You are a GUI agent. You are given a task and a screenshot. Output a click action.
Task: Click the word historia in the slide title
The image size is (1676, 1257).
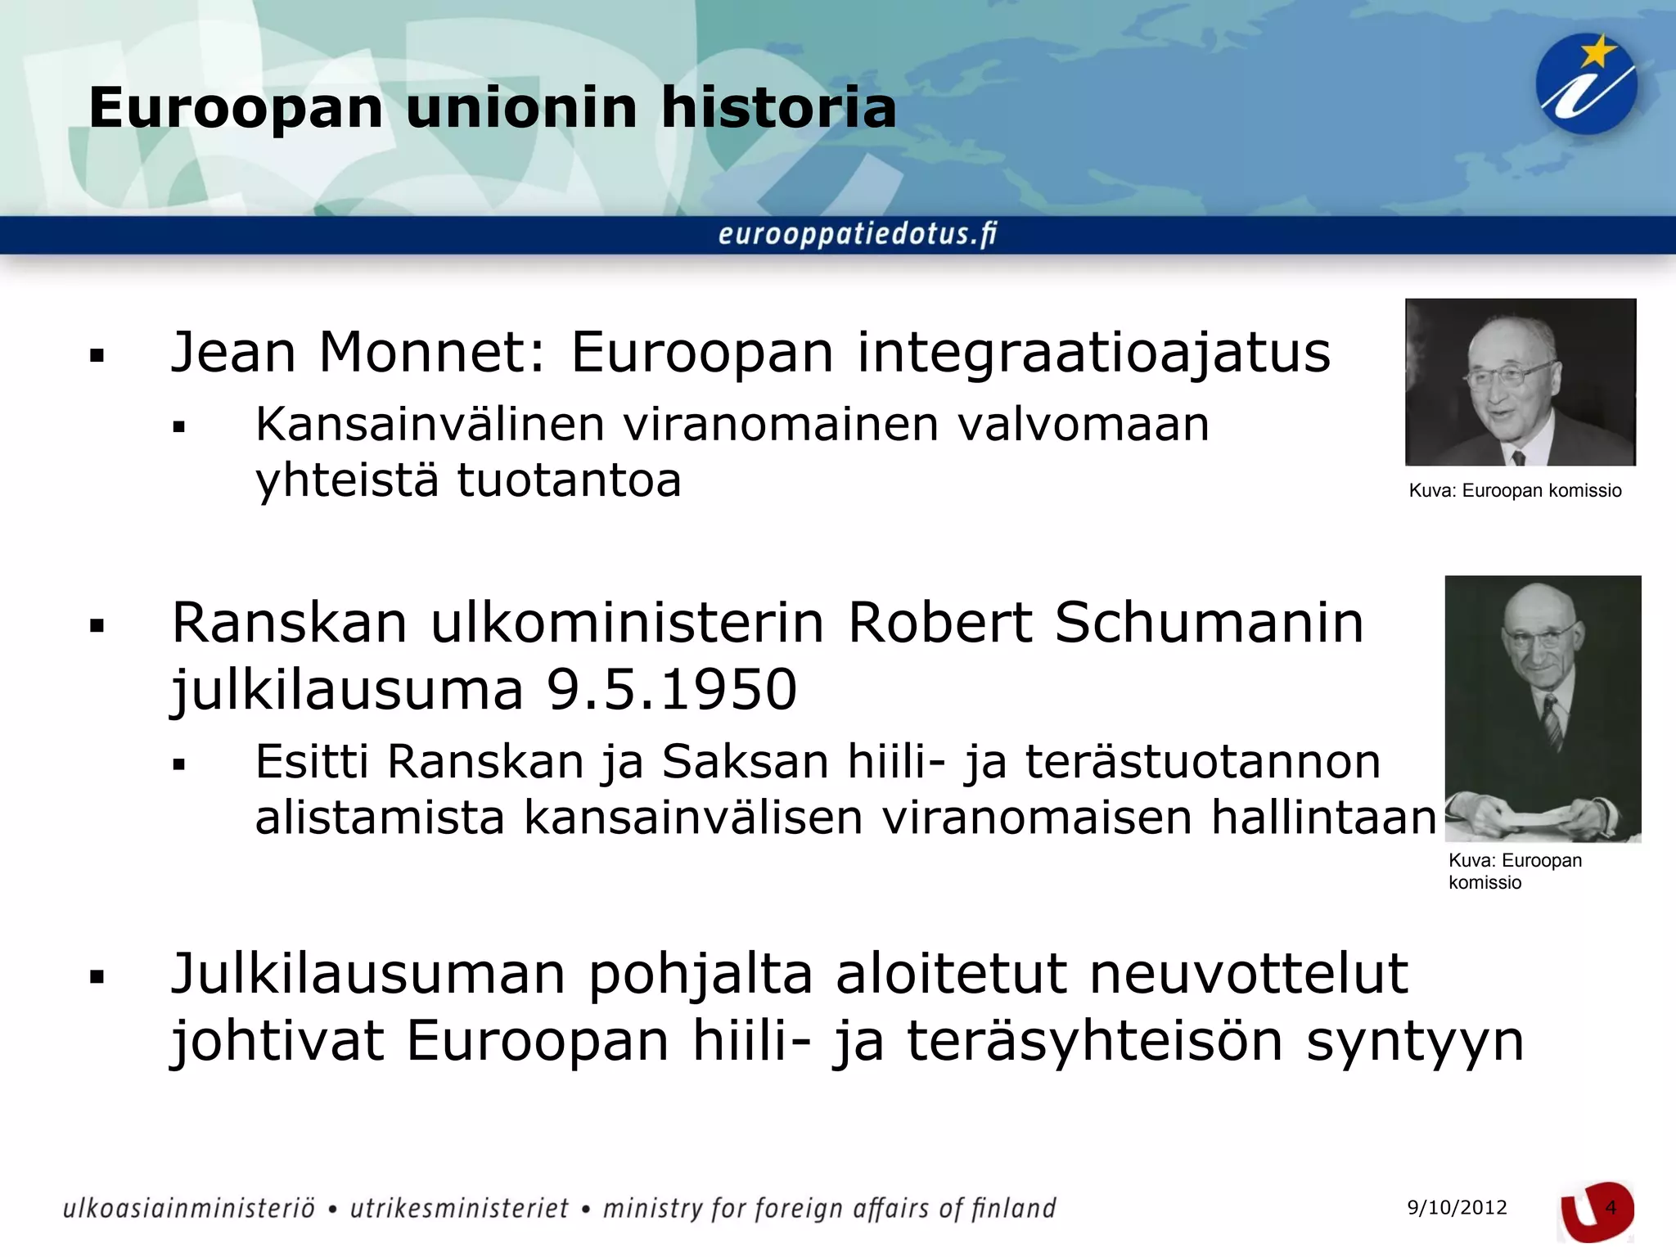778,107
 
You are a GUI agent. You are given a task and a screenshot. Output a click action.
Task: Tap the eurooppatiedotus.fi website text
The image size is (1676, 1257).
858,234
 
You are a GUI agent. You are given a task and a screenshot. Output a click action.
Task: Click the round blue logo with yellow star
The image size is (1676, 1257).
1586,84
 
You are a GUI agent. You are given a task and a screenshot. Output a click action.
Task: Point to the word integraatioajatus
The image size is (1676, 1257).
1093,354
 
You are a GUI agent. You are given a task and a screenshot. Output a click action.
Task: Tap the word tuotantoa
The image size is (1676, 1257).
569,480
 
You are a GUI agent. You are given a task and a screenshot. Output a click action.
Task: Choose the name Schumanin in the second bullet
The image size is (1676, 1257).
1209,623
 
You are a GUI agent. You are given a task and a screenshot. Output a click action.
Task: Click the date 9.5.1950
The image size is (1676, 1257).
671,689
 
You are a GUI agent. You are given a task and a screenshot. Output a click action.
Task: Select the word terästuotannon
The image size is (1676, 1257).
1203,762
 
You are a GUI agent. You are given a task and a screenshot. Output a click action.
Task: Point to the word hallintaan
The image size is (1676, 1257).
1323,817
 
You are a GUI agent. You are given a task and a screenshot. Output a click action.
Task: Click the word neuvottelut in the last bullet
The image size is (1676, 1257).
1249,974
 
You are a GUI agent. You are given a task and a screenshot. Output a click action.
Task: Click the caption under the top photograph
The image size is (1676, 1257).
1515,491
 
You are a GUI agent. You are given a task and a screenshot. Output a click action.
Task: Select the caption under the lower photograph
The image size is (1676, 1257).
1514,871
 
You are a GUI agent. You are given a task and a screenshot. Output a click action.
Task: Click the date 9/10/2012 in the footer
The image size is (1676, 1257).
1457,1208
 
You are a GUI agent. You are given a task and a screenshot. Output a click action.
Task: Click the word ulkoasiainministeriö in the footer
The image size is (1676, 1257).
189,1209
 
